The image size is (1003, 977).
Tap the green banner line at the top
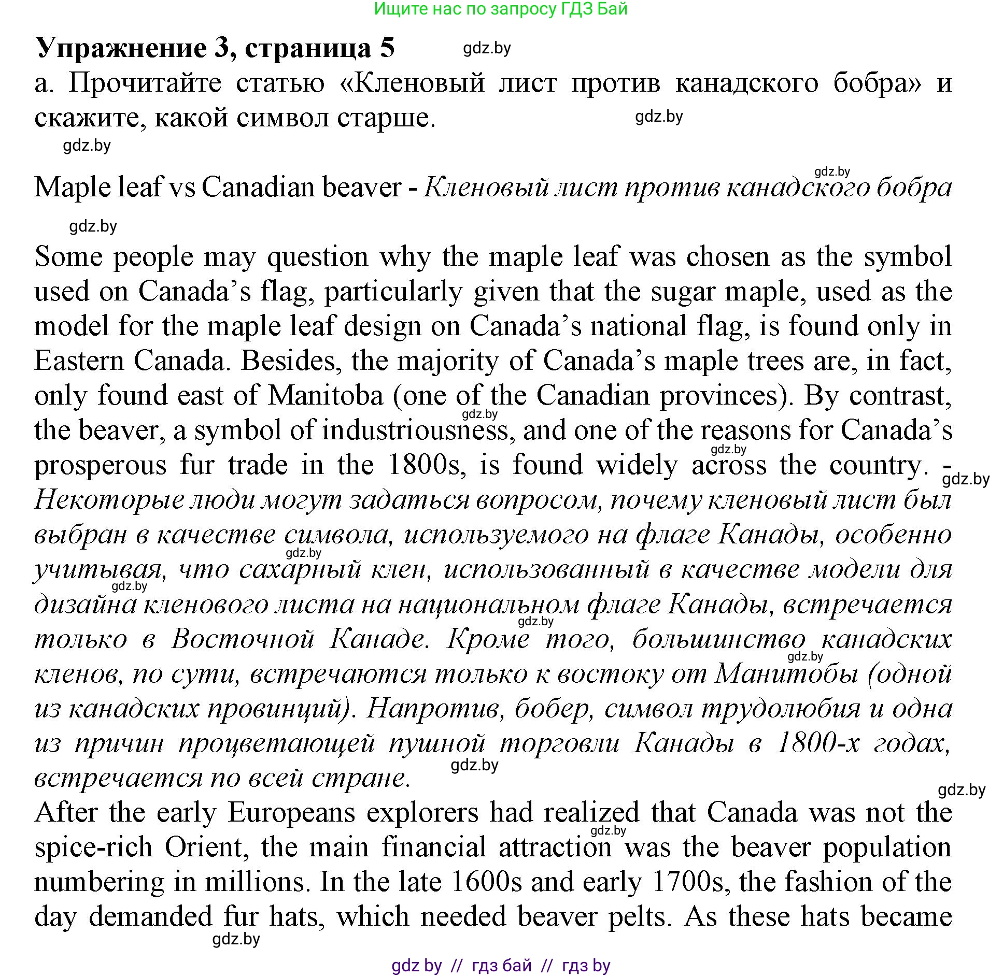(500, 9)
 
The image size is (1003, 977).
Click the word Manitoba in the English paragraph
(325, 396)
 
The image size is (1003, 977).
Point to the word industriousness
(415, 430)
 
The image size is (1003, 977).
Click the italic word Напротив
(435, 709)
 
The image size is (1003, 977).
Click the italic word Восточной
(243, 639)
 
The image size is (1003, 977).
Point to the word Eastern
(77, 361)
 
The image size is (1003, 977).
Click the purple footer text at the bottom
(500, 966)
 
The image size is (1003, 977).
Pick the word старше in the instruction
(385, 118)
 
